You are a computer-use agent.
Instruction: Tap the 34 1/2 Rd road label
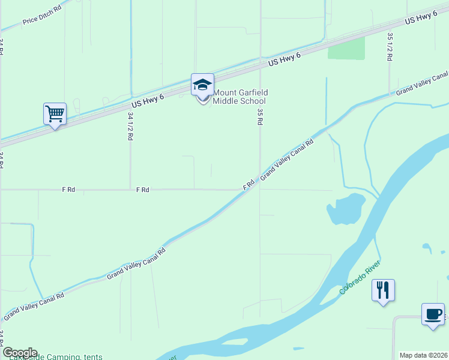(130, 127)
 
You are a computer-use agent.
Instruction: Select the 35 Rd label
(260, 116)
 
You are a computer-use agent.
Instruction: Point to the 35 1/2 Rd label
(390, 47)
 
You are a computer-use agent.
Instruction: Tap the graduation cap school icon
(202, 84)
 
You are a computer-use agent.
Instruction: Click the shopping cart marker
(55, 113)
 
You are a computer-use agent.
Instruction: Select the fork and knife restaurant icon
(382, 291)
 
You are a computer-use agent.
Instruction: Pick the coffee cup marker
(433, 314)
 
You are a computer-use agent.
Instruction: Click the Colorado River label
(360, 278)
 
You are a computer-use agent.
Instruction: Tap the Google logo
(20, 353)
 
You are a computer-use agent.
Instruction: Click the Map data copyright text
(423, 355)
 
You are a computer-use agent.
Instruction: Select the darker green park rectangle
(346, 49)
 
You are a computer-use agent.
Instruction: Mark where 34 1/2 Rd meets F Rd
(131, 190)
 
